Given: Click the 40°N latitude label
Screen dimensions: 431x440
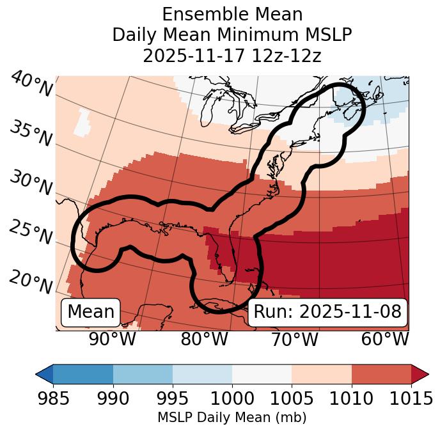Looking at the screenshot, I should coord(31,84).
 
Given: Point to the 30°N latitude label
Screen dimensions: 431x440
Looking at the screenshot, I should coord(31,184).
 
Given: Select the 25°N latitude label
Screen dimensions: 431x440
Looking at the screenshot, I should coord(31,233).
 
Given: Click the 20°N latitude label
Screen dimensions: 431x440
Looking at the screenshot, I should coord(31,282).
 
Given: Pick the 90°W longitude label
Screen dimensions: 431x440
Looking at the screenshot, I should coord(113,339).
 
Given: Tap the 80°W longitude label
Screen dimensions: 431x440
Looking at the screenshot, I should coord(204,339).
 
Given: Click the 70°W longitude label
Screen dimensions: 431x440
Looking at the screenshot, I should coord(295,339).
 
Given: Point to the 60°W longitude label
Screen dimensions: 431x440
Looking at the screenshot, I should coord(385,339).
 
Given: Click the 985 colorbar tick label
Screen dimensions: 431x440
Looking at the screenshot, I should coord(53,398).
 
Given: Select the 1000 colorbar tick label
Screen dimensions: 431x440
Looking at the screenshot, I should coord(232,398).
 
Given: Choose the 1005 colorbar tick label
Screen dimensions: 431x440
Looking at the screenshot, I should coord(292,398).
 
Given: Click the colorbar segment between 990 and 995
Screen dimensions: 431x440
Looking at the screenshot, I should coord(143,373).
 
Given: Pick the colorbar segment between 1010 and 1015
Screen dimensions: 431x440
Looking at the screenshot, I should coord(381,373).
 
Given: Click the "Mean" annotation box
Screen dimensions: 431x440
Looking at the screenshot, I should coord(91,312).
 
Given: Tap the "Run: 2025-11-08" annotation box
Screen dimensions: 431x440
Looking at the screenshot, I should coord(327,312).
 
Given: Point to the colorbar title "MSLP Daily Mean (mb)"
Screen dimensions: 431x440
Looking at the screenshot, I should coord(232,418).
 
